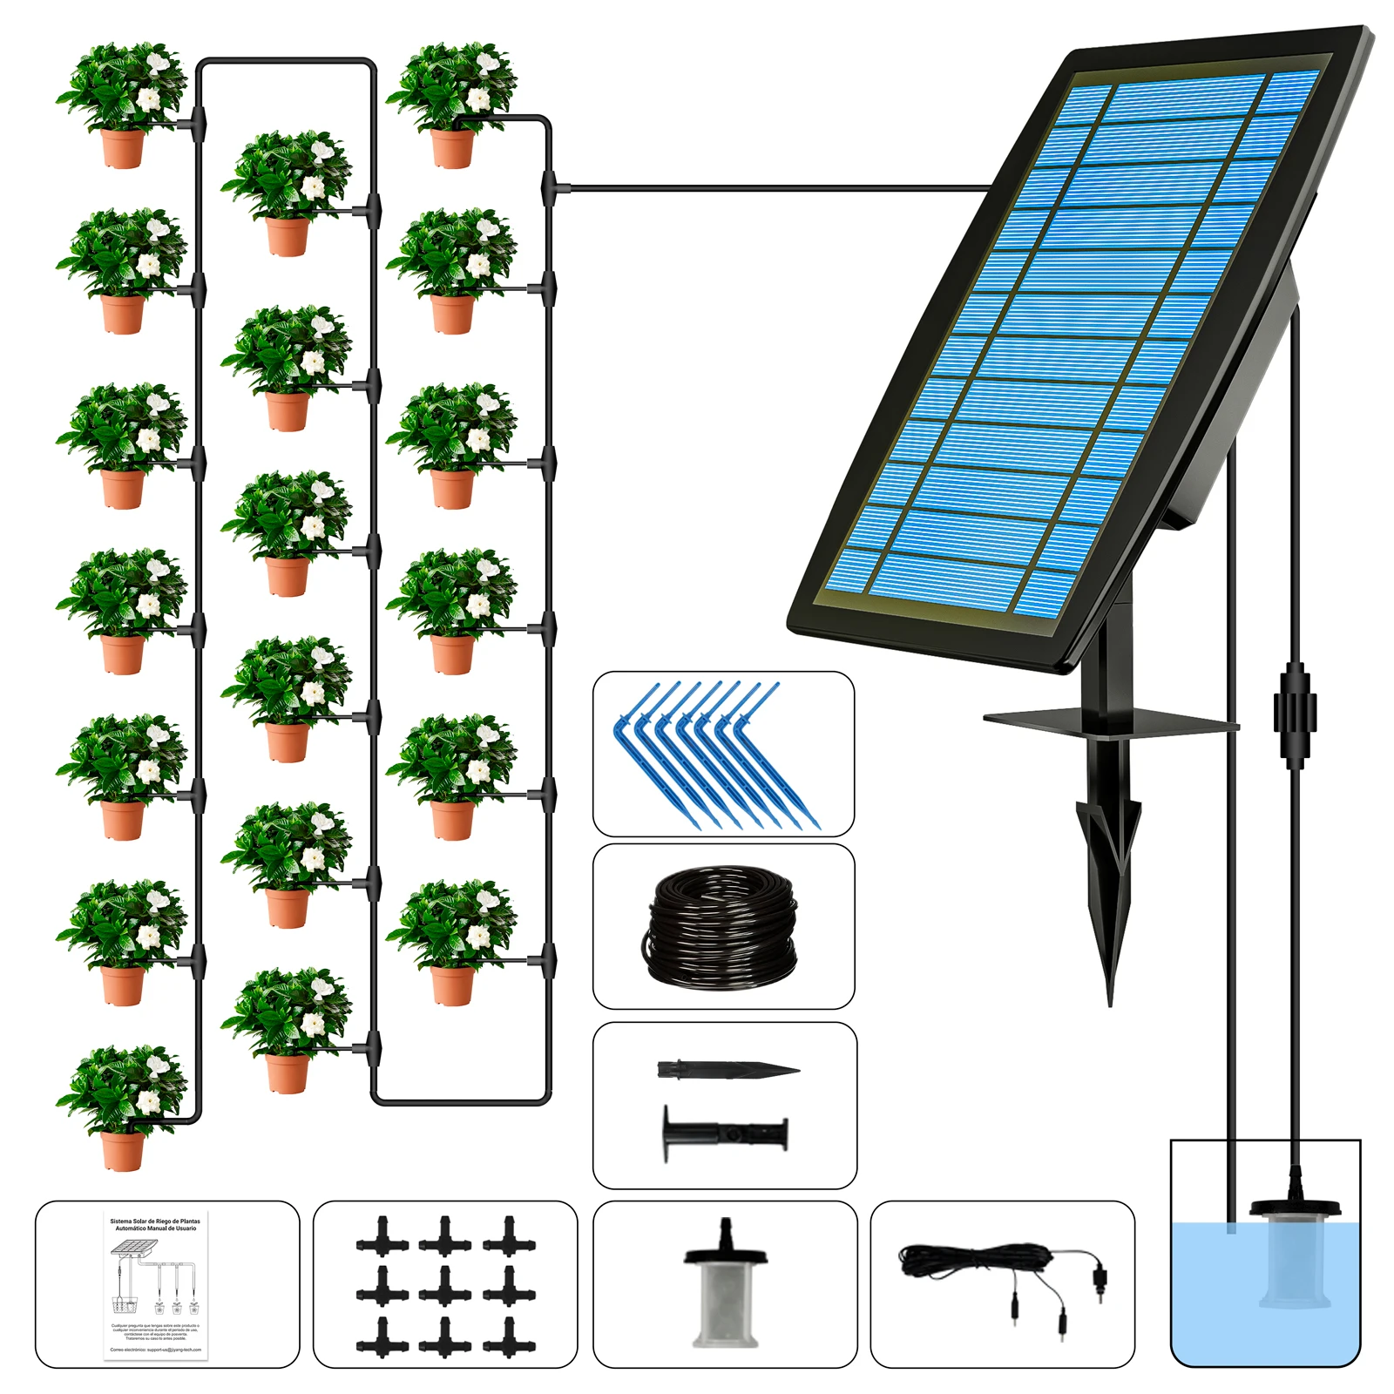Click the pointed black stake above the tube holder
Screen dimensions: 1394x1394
[x=727, y=1070]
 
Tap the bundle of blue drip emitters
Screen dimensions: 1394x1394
[x=720, y=755]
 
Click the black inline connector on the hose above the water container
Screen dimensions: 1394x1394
[x=1295, y=701]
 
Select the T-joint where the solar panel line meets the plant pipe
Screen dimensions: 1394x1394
[x=550, y=187]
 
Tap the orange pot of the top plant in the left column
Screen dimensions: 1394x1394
[x=122, y=148]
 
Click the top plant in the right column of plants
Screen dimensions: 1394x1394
[x=451, y=103]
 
